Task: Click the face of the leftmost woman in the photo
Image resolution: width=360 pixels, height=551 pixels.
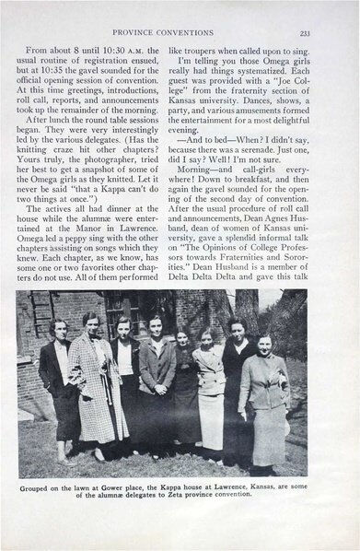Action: coord(57,330)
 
